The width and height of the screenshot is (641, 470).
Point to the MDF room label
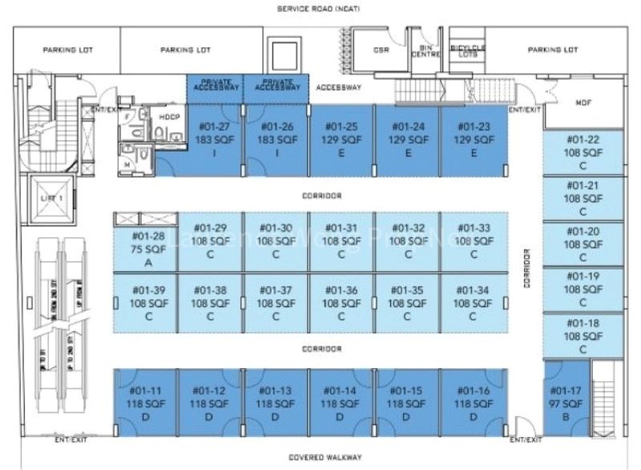click(x=583, y=103)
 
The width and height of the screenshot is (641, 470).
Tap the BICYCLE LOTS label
click(x=467, y=51)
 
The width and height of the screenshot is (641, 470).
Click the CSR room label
click(x=381, y=50)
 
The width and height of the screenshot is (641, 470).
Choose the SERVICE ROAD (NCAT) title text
click(x=320, y=10)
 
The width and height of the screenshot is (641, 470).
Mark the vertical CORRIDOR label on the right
click(x=527, y=269)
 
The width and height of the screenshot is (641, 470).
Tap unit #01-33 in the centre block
click(x=474, y=241)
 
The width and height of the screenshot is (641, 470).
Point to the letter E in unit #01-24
click(x=408, y=152)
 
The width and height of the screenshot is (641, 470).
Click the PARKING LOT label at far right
click(x=553, y=50)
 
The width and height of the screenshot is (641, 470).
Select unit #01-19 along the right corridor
click(x=583, y=289)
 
